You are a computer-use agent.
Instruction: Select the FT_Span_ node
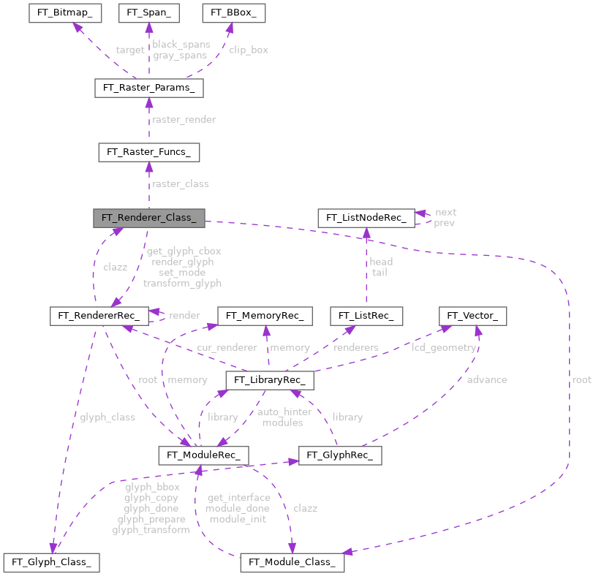[148, 13]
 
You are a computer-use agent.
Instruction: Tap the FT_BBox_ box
[233, 13]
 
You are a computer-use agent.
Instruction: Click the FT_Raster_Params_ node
[148, 88]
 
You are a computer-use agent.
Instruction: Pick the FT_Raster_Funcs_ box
[148, 152]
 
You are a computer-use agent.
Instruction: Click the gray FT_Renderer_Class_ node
[148, 217]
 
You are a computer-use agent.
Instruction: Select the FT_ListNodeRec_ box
[366, 217]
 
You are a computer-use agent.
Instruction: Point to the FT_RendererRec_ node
[99, 316]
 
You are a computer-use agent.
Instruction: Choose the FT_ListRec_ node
[366, 316]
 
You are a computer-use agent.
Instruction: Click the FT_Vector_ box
[472, 316]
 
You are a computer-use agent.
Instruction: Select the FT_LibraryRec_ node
[270, 381]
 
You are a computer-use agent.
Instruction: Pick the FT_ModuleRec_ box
[203, 455]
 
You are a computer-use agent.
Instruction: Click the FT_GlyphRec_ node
[339, 455]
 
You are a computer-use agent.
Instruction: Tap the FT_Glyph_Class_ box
[51, 562]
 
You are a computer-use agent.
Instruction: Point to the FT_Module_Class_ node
[292, 562]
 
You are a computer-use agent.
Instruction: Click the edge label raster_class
[181, 183]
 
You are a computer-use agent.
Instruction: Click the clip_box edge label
[249, 50]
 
